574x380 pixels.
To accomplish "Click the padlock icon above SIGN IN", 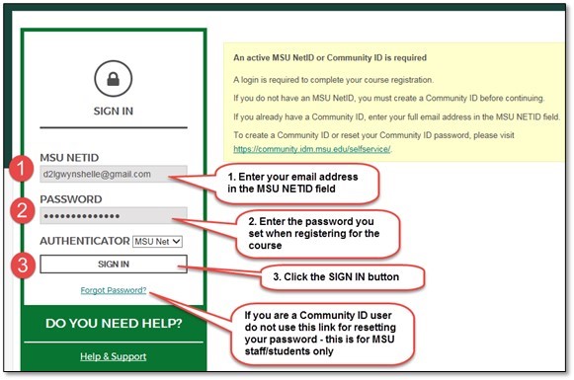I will pos(114,79).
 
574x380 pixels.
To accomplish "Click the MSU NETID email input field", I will pos(114,174).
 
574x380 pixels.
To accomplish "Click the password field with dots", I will pos(114,216).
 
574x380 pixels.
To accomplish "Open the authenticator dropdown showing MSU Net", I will pos(158,240).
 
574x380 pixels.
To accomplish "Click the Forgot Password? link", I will pos(114,290).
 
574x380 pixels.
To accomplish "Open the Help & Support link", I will pos(114,356).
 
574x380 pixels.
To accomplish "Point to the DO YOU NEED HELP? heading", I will pos(114,324).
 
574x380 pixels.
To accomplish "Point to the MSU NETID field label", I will pos(69,157).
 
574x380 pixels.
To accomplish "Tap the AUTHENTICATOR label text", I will pos(85,240).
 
